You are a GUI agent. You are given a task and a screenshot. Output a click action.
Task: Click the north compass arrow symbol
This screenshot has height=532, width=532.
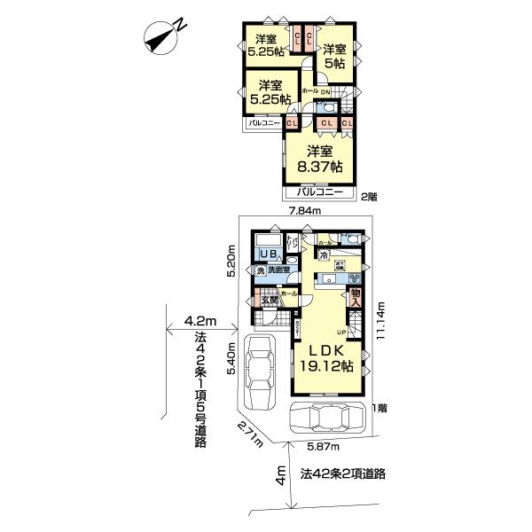[161, 36]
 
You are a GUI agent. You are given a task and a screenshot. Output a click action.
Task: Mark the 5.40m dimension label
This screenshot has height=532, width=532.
[231, 358]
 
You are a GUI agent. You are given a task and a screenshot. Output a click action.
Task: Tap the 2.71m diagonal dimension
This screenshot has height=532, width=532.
[252, 434]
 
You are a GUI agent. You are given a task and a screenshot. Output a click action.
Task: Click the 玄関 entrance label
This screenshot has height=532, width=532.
[269, 300]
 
